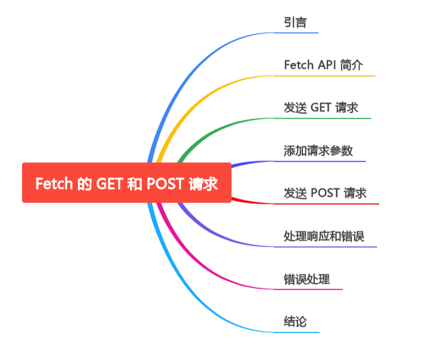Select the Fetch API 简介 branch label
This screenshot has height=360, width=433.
tap(323, 66)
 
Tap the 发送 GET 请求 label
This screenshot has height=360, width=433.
tap(321, 108)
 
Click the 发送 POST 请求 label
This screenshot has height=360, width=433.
tap(325, 193)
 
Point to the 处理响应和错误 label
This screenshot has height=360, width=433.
tap(324, 236)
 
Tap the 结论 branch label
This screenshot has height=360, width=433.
tap(295, 322)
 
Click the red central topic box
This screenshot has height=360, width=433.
tap(126, 183)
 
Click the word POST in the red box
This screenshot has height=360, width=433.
tap(164, 184)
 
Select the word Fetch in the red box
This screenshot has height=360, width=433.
tap(54, 184)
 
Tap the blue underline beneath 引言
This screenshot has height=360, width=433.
tap(295, 33)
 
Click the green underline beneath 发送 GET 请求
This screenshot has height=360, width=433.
tap(322, 118)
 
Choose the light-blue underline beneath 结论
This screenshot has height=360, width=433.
tap(296, 332)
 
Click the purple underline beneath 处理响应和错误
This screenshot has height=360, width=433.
tap(325, 247)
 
